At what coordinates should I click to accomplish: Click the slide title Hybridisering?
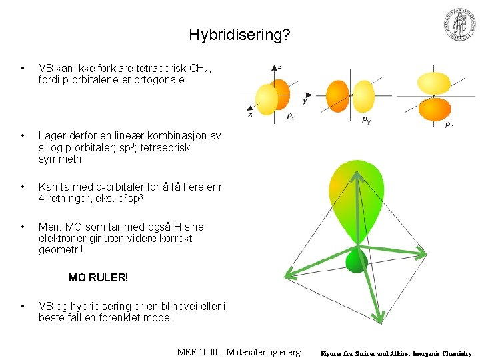(x=239, y=34)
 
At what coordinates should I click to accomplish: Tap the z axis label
(x=279, y=66)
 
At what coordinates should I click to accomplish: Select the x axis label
(x=251, y=114)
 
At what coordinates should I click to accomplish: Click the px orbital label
(x=290, y=116)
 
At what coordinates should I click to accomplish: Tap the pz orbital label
(x=450, y=124)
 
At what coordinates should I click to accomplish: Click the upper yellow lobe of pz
(x=433, y=83)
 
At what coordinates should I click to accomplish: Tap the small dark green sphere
(x=357, y=261)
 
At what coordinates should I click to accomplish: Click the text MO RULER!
(x=98, y=277)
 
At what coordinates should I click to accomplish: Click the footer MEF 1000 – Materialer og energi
(x=240, y=352)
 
